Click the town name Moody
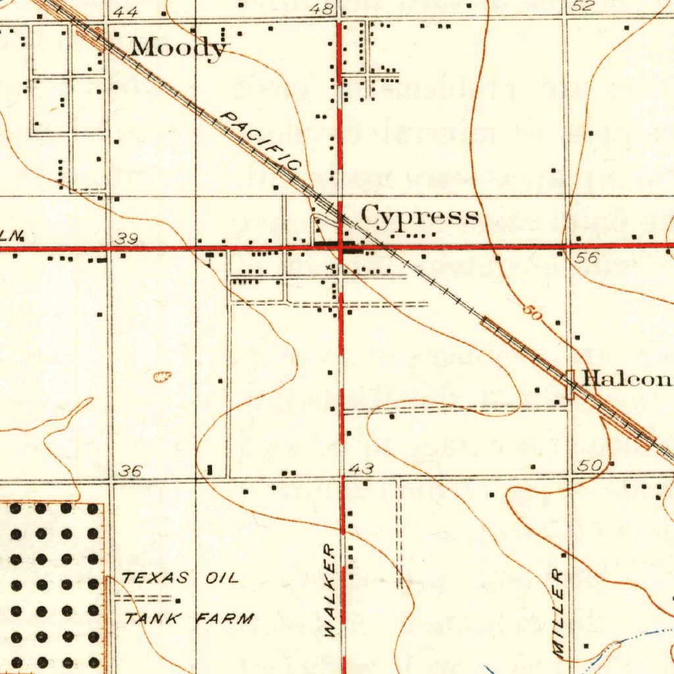[178, 47]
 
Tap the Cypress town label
[419, 215]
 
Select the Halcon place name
[627, 378]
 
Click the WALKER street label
[330, 590]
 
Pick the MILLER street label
[558, 613]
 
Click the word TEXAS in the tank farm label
[155, 579]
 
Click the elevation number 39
[125, 239]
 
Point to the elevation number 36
[130, 471]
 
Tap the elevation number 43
[362, 469]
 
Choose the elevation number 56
[585, 258]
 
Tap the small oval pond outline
[162, 376]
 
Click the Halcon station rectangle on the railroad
[570, 384]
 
